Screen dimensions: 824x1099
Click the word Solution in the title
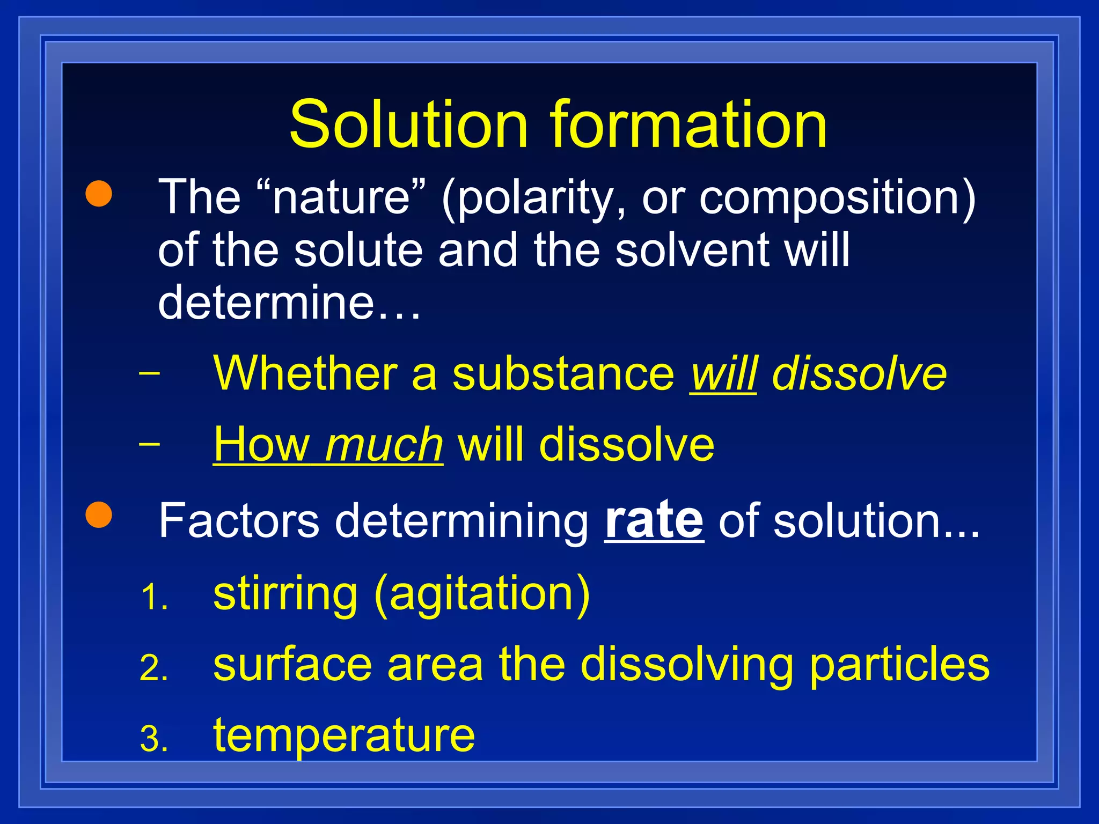coord(408,124)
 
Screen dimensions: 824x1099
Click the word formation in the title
coord(688,124)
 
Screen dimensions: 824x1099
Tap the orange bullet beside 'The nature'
coord(99,194)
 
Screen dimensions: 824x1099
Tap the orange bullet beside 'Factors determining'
coord(99,514)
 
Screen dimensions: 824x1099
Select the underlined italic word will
coord(723,373)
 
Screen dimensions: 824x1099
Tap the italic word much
coord(384,445)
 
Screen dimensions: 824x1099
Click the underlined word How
coord(261,444)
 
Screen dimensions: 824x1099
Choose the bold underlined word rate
coord(654,520)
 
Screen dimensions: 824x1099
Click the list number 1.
coord(153,598)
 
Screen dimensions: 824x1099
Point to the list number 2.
coord(153,669)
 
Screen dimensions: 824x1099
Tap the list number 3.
coord(153,739)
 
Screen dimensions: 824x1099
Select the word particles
coord(899,665)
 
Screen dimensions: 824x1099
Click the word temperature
coord(344,736)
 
